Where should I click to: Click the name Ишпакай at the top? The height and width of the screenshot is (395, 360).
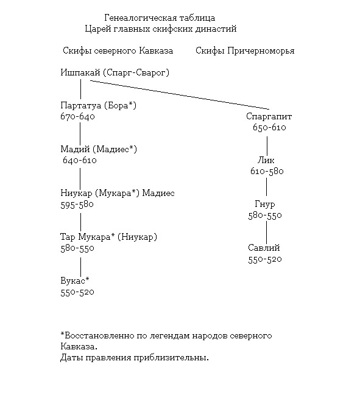coord(80,72)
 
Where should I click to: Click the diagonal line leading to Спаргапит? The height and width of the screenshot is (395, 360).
coord(180,95)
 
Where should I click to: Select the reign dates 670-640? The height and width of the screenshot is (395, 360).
coord(77,116)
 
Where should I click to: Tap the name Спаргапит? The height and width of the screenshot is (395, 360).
coord(269,116)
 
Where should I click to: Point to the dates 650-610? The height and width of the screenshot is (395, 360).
coord(269,127)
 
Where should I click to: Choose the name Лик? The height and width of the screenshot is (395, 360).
coord(266,160)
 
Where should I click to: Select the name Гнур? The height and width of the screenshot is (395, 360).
coord(265,204)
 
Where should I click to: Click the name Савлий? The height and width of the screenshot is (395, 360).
coord(264,248)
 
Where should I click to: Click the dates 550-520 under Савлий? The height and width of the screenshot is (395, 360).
coord(265,259)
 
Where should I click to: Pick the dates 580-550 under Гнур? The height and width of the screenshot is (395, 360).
coord(265,215)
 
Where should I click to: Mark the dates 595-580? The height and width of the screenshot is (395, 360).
coord(77,204)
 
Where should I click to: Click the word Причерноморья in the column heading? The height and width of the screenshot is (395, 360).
coord(261,51)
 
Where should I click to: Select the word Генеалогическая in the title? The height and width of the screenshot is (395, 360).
coord(141,18)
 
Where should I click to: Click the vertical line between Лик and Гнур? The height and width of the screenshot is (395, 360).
coord(266,187)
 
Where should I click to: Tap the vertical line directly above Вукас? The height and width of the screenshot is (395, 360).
coord(80,267)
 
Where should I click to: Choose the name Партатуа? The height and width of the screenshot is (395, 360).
coord(80,105)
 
